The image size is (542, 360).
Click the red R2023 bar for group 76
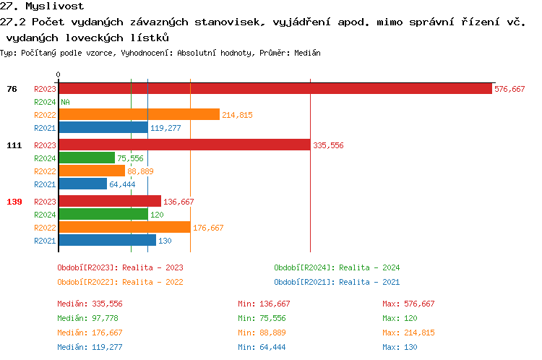click(x=275, y=89)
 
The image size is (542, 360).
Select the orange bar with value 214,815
click(x=138, y=115)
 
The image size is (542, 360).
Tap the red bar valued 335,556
click(x=184, y=145)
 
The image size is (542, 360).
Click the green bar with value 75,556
click(x=86, y=158)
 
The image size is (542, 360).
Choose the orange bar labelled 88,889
click(x=91, y=171)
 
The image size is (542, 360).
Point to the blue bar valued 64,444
click(x=82, y=184)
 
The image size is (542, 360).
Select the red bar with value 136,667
click(x=109, y=202)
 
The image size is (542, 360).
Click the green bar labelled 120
click(x=103, y=215)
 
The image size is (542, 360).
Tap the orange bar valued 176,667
click(x=124, y=228)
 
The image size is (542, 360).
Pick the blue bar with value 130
click(x=106, y=241)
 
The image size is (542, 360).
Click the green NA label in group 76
click(x=65, y=102)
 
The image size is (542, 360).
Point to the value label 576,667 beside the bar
click(x=509, y=89)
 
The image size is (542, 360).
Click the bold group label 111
click(x=14, y=145)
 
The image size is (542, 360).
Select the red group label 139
click(x=14, y=202)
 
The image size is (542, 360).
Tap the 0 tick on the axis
click(x=58, y=74)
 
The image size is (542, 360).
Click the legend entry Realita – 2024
click(x=337, y=267)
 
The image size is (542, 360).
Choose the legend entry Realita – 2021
click(x=337, y=282)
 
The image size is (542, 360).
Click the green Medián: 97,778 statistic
click(x=90, y=318)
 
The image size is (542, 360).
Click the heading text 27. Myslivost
click(x=33, y=6)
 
